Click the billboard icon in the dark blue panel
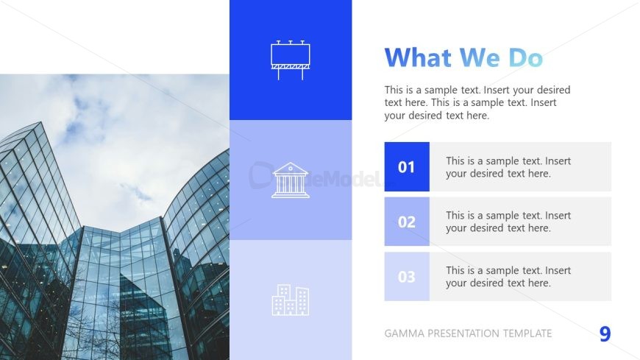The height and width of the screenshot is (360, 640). pyautogui.click(x=290, y=60)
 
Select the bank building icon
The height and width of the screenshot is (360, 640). pyautogui.click(x=291, y=180)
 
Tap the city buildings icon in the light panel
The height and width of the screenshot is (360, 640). pyautogui.click(x=291, y=300)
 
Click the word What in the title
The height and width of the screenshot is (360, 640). pyautogui.click(x=419, y=57)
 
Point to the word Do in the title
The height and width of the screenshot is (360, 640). pyautogui.click(x=525, y=57)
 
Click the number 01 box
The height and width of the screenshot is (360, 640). pyautogui.click(x=407, y=167)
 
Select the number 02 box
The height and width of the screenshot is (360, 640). pyautogui.click(x=407, y=222)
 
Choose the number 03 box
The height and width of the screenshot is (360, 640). pyautogui.click(x=407, y=277)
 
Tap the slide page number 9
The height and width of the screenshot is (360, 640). pyautogui.click(x=605, y=334)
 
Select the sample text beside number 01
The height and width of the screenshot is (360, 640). pyautogui.click(x=508, y=167)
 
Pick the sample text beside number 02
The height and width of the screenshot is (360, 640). pyautogui.click(x=508, y=222)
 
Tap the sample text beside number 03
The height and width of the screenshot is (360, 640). pyautogui.click(x=508, y=277)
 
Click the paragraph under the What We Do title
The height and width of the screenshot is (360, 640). pyautogui.click(x=477, y=102)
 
